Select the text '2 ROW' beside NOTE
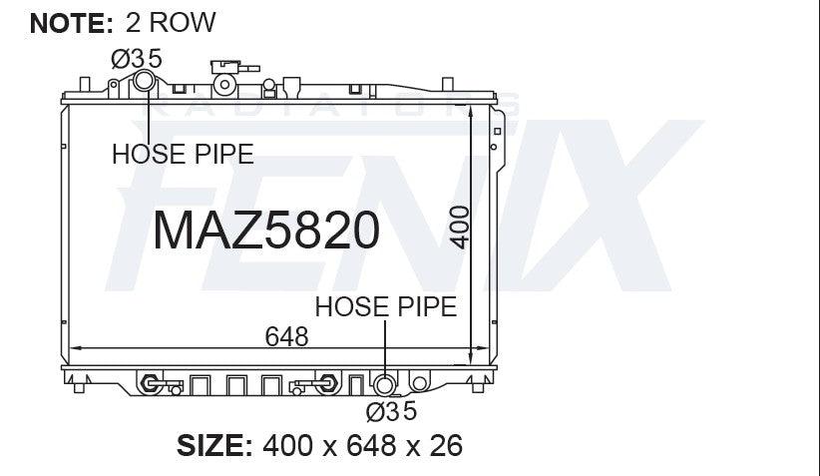click(170, 22)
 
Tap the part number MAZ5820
click(265, 231)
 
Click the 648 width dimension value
click(286, 336)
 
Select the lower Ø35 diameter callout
click(390, 410)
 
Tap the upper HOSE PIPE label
click(183, 154)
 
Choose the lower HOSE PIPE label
click(385, 306)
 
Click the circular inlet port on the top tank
click(146, 83)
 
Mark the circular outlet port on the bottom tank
click(383, 384)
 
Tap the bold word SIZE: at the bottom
click(213, 445)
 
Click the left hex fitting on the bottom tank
click(152, 382)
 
